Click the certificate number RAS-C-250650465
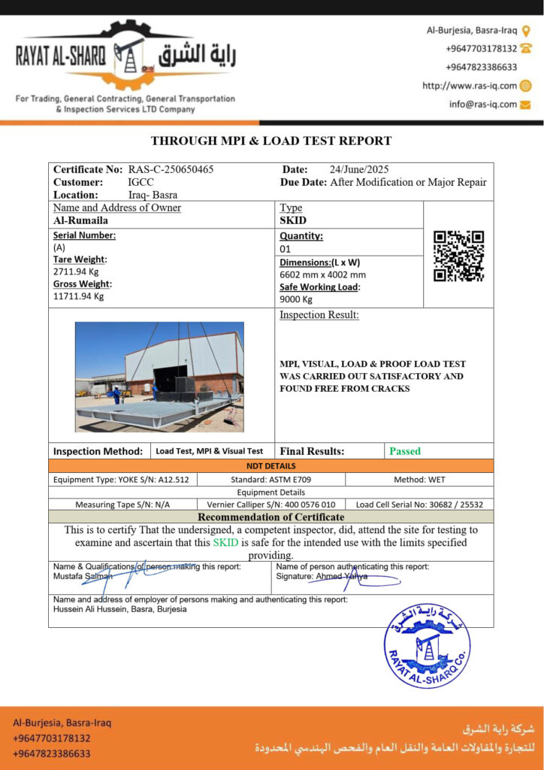coord(171,169)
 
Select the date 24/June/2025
coord(359,169)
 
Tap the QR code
coord(458,256)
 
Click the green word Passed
coord(405,451)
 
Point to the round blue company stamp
coord(427,646)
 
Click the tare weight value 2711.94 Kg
coord(76,271)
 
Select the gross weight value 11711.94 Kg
coord(78,296)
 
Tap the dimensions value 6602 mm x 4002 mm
coord(322,274)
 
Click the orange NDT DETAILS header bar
coord(271,466)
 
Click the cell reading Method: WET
coord(419,479)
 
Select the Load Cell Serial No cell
coord(419,505)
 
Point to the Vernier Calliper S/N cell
coord(270,505)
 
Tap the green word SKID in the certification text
coord(225,542)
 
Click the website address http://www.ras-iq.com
coord(470,86)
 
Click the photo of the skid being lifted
coord(159,377)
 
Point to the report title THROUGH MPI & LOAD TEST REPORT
coord(271,141)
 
